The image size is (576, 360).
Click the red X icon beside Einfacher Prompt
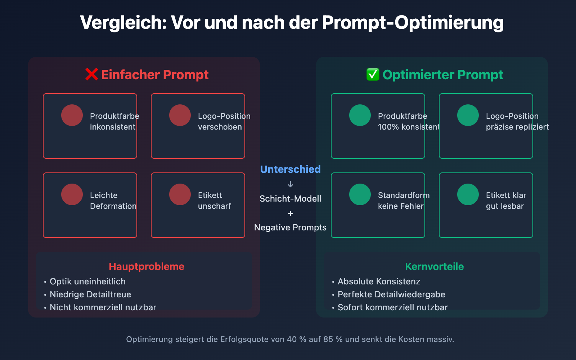click(92, 75)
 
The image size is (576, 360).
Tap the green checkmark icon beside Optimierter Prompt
click(373, 75)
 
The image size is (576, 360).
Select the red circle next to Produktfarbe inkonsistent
click(72, 115)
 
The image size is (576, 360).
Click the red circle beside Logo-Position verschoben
click(180, 115)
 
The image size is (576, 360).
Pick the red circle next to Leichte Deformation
click(72, 194)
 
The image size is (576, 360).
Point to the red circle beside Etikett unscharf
click(180, 194)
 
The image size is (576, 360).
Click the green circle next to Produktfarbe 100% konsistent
click(360, 115)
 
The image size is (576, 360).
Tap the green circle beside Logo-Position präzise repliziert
click(468, 115)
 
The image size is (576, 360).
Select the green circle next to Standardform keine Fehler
click(360, 194)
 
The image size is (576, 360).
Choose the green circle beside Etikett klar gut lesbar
click(468, 194)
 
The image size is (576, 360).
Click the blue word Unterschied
click(290, 169)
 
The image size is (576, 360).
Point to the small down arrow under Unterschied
click(291, 184)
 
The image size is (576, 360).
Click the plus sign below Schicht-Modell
click(291, 213)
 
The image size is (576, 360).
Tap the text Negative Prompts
click(290, 228)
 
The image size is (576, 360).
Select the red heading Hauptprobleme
click(147, 266)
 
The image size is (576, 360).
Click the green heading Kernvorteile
click(435, 266)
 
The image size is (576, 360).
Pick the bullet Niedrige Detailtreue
click(90, 294)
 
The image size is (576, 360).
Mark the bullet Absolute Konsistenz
click(379, 282)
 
